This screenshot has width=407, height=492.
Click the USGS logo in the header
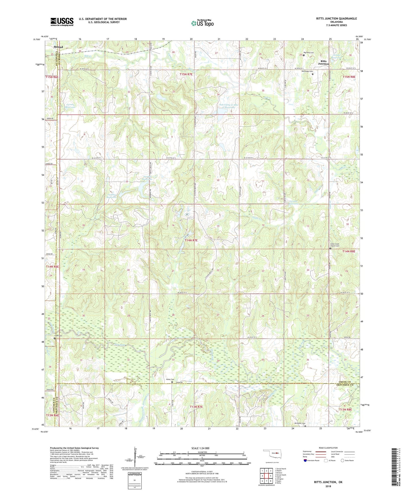pyautogui.click(x=62, y=22)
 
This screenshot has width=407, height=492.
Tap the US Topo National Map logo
pyautogui.click(x=202, y=23)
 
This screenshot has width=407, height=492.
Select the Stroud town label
pyautogui.click(x=58, y=47)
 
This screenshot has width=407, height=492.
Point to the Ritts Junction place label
pyautogui.click(x=323, y=62)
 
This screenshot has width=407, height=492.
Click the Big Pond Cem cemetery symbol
pyautogui.click(x=304, y=55)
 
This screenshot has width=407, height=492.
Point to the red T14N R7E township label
pyautogui.click(x=191, y=240)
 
